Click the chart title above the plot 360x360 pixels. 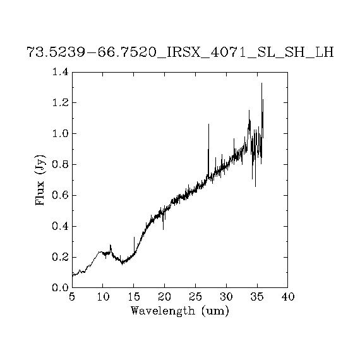point(180,52)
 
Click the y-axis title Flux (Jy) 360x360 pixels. point(40,180)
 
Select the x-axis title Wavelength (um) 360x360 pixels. point(180,311)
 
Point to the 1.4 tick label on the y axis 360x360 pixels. point(61,72)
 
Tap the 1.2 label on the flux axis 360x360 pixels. point(61,102)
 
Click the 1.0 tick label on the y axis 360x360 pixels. point(61,133)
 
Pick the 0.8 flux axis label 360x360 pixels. point(61,164)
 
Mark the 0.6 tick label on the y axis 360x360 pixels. point(61,195)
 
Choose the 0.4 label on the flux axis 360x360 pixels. point(61,226)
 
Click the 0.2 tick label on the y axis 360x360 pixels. point(61,257)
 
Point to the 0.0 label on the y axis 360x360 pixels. point(61,287)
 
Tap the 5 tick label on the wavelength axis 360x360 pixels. point(72,297)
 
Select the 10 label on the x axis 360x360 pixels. point(103,297)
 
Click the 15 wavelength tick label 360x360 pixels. point(134,297)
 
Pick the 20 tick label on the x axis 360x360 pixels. point(165,297)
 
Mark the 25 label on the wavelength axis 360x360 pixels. point(196,297)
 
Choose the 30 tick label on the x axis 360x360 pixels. point(226,297)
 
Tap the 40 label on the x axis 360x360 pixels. point(288,297)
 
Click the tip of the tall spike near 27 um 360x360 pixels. point(208,124)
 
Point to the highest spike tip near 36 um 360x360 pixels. point(261,83)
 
